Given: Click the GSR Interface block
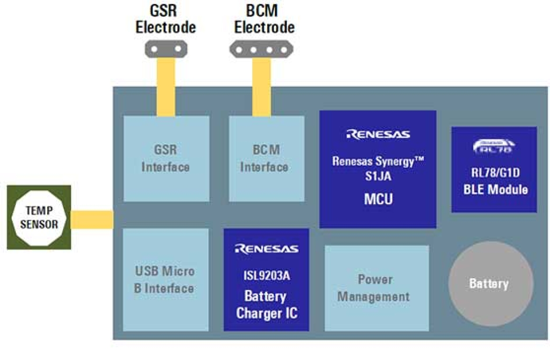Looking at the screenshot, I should (166, 159).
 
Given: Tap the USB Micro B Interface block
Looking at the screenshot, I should (165, 279).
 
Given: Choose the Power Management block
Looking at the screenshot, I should (376, 288).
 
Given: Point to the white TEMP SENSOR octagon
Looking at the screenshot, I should (39, 217).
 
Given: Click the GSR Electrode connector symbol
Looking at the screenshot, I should (166, 49).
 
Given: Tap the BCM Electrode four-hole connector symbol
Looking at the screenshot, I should (261, 49).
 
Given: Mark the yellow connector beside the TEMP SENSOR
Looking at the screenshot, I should (92, 219).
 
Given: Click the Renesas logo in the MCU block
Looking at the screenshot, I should (378, 134).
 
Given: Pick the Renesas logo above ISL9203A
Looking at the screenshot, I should (267, 249).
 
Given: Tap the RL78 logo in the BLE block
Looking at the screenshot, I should (494, 147).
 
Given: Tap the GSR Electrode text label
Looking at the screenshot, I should (166, 20).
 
